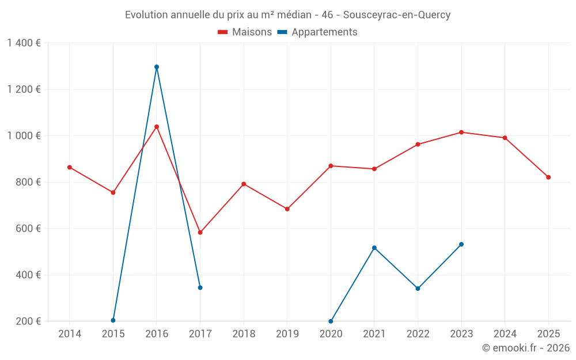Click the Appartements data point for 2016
(x=157, y=67)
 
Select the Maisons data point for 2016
(x=157, y=127)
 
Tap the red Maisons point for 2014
(x=70, y=167)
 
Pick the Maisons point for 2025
(x=548, y=177)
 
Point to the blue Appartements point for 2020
(x=331, y=321)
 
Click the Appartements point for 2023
(x=461, y=244)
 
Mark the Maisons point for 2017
(x=200, y=233)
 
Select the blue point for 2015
(x=113, y=320)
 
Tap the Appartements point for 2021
(x=374, y=248)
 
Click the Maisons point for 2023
(x=461, y=132)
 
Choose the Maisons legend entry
(x=245, y=32)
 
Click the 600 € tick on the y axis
(x=27, y=229)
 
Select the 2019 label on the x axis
(x=287, y=334)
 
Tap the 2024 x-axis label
(x=505, y=334)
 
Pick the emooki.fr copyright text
(x=526, y=348)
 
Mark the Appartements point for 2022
(x=418, y=289)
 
